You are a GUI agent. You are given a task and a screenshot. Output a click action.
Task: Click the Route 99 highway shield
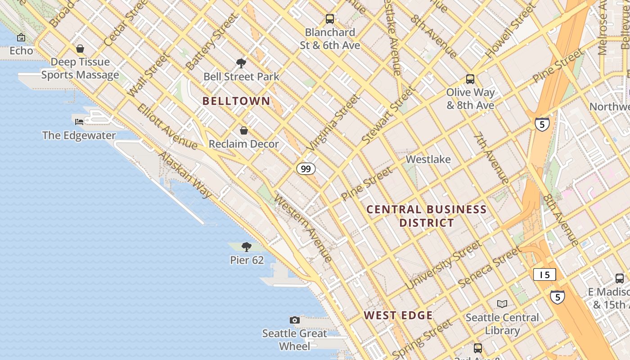click(306, 169)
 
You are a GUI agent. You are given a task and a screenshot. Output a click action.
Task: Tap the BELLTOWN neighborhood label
click(236, 101)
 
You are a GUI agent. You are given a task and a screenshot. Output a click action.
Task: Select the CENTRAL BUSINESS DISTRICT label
click(427, 216)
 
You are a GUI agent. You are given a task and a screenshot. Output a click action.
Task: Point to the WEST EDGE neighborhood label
click(398, 315)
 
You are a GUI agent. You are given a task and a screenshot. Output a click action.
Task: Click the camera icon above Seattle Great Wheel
click(295, 320)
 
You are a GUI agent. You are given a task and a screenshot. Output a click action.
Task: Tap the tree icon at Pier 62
click(246, 247)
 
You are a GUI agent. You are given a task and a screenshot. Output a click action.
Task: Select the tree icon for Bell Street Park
click(241, 63)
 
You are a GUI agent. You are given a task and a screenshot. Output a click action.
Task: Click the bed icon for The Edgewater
click(79, 121)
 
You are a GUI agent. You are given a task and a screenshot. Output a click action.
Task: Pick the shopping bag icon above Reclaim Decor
click(243, 130)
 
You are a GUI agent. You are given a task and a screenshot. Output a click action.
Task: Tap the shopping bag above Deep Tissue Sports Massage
click(80, 48)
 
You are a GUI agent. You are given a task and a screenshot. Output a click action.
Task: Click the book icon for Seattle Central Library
click(502, 304)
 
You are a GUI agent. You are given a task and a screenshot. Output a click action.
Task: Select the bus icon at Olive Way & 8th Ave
click(470, 79)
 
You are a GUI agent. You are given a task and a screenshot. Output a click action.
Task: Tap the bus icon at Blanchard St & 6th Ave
click(330, 19)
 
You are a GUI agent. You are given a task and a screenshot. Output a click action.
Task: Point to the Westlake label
click(428, 159)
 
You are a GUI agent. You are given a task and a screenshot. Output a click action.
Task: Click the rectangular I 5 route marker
click(544, 274)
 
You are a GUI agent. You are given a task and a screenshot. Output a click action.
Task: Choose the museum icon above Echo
click(21, 37)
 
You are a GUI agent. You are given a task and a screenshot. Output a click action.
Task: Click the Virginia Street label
click(334, 122)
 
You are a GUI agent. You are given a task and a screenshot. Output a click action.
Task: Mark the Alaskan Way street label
click(185, 175)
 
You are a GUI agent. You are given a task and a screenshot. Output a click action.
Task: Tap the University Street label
click(443, 265)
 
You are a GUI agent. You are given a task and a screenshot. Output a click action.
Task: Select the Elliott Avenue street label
click(167, 127)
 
